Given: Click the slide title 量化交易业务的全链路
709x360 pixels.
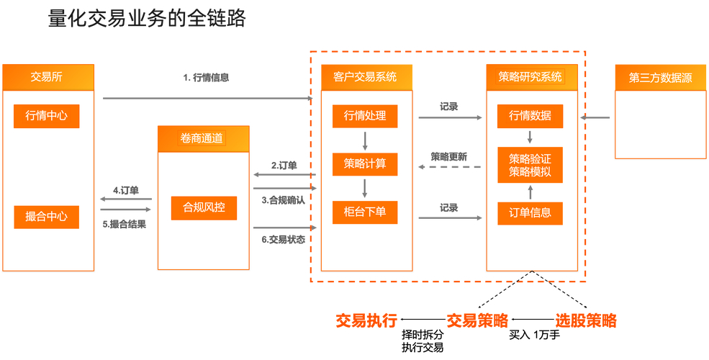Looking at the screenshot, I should tap(147, 19).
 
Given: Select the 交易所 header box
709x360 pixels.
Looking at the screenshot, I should tap(48, 77).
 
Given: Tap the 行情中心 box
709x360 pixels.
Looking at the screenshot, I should tap(46, 116).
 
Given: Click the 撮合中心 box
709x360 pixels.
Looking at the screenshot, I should tap(46, 216).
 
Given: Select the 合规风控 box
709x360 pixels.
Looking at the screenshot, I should tap(204, 207).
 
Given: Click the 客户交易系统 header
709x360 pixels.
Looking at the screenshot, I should tap(366, 77).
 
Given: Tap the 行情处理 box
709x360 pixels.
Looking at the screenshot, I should tap(365, 116).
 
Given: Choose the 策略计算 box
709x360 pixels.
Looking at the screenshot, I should tap(365, 163).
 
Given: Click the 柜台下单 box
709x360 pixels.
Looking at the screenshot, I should tap(365, 212).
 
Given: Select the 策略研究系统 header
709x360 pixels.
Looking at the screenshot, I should tap(530, 77).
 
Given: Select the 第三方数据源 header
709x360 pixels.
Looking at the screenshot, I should tap(660, 78).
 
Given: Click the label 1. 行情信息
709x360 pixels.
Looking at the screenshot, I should tap(206, 77).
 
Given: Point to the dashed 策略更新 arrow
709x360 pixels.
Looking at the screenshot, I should tap(449, 167).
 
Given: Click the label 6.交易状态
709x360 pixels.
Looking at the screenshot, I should tap(283, 238).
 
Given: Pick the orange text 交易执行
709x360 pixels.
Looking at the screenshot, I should tap(366, 320).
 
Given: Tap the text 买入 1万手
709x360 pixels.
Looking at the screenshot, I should tap(534, 336).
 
